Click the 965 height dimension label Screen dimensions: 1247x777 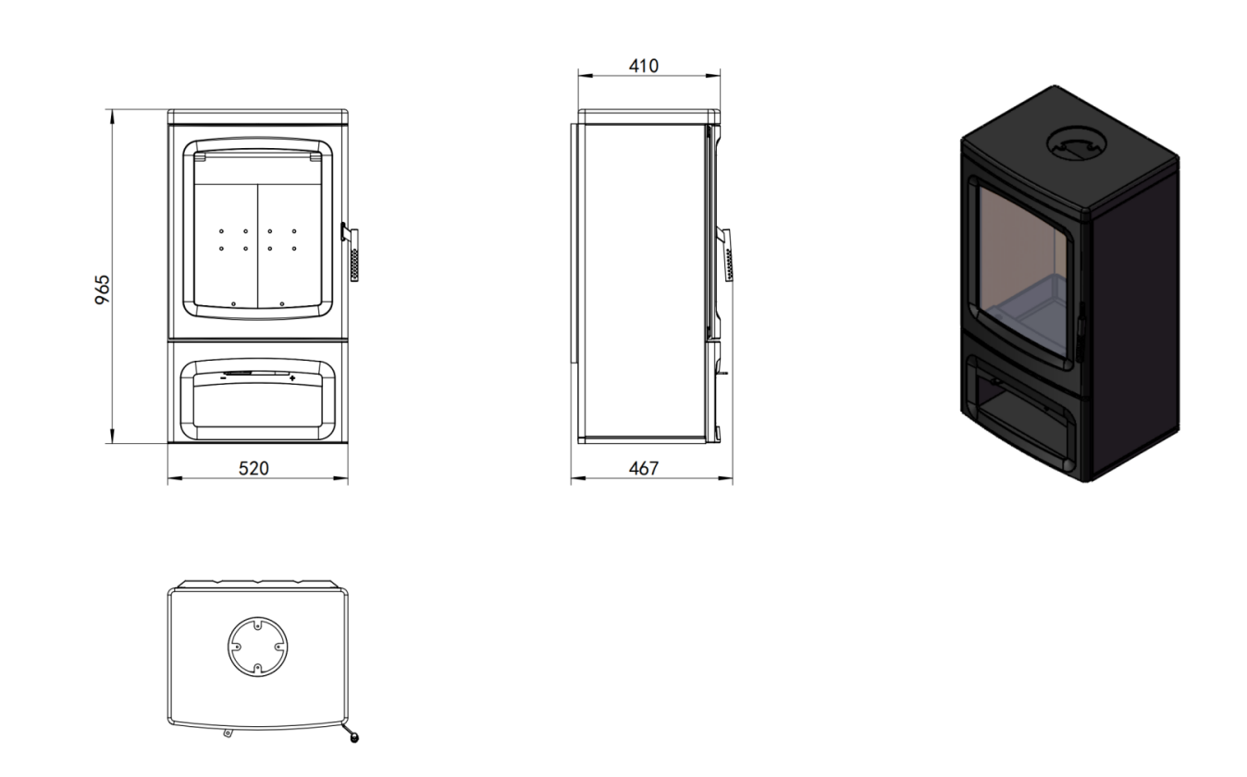click(103, 290)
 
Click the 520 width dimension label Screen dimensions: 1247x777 click(253, 469)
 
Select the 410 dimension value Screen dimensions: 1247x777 click(644, 67)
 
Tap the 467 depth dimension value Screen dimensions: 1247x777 click(644, 469)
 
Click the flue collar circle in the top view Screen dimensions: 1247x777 click(258, 647)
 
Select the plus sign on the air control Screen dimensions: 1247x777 click(293, 378)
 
